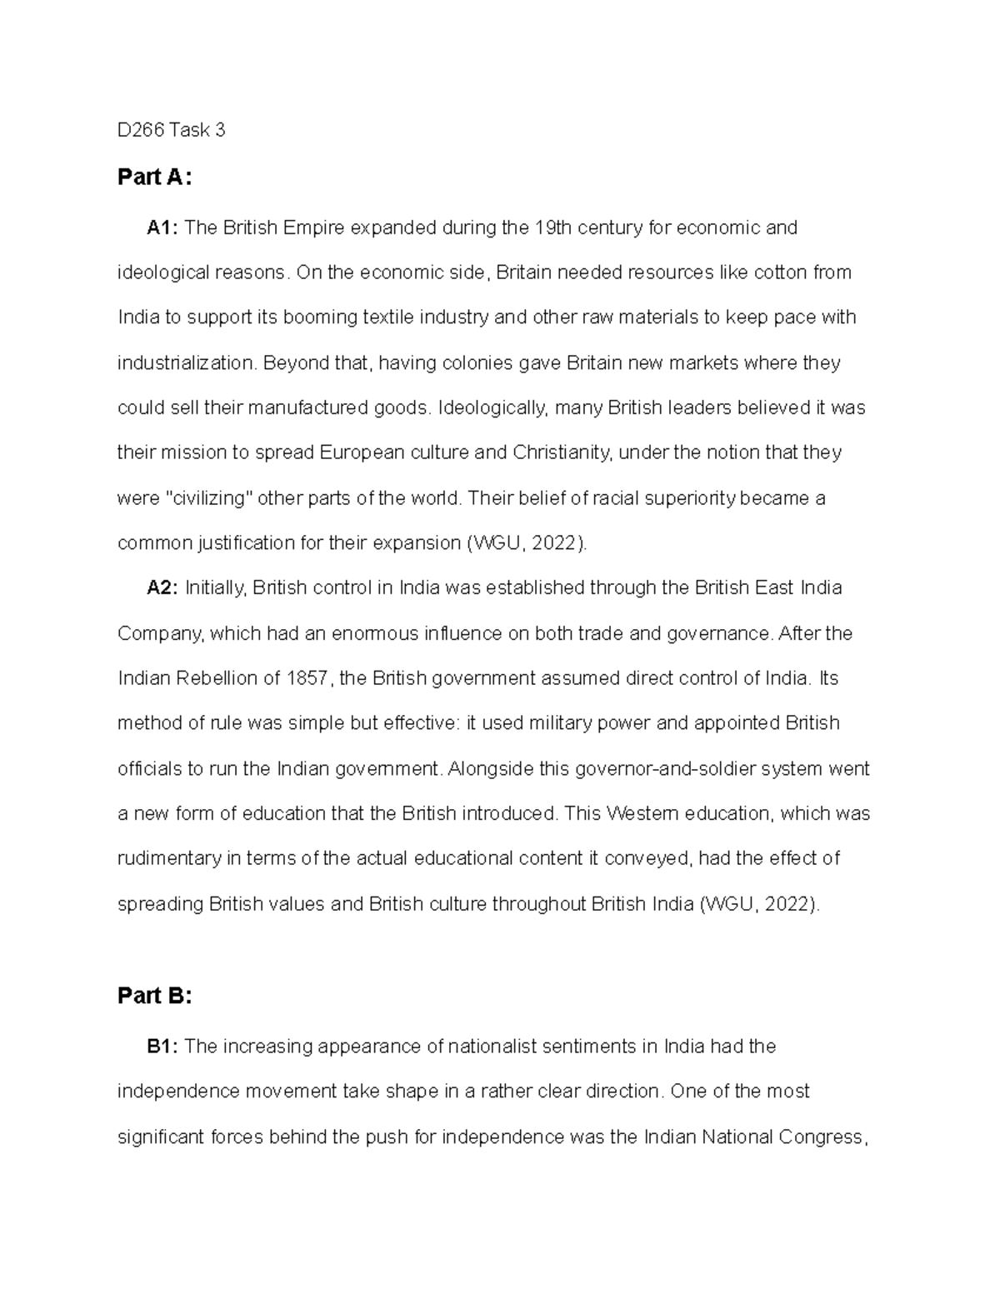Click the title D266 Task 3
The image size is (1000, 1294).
tap(171, 130)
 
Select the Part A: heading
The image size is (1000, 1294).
tap(154, 177)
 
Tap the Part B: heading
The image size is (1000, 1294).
tap(154, 996)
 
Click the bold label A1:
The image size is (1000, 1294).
tap(162, 227)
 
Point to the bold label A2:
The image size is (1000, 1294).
tap(162, 588)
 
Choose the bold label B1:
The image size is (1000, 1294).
tap(162, 1047)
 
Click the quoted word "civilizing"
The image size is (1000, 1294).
tap(212, 498)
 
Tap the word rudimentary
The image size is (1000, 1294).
tap(169, 858)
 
